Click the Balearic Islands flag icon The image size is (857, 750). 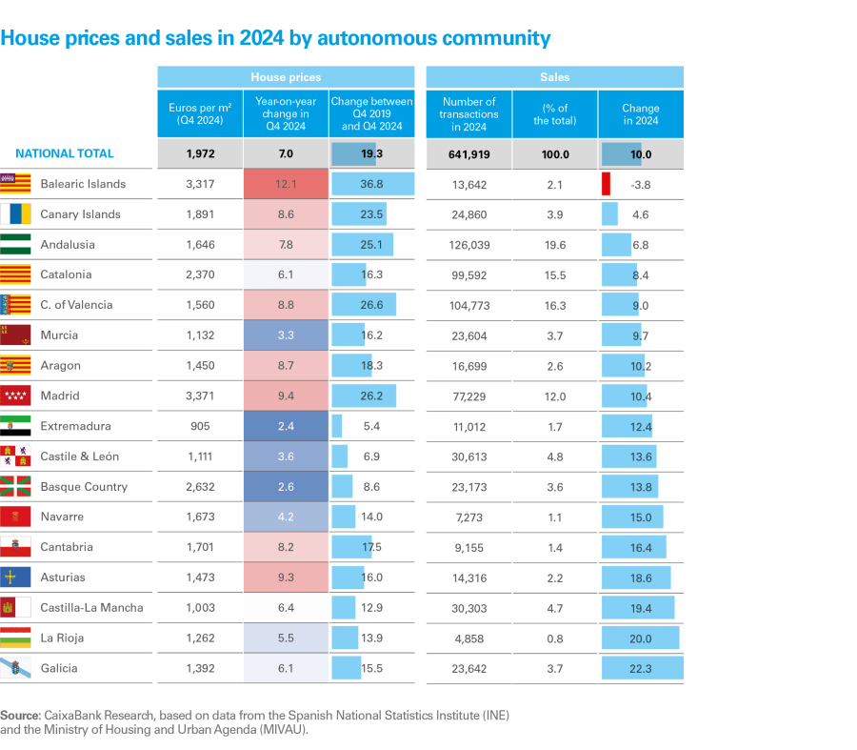coord(15,184)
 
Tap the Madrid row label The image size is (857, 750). coord(60,395)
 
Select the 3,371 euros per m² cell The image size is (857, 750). coord(200,395)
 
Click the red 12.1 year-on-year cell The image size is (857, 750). coord(286,184)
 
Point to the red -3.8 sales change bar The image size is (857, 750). coord(606,184)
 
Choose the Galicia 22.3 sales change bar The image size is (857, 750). coord(642,668)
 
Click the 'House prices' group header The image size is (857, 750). coord(286,77)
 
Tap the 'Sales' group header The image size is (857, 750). coord(554,77)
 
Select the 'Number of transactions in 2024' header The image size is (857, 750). coord(468,114)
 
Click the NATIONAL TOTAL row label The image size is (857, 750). coord(65,153)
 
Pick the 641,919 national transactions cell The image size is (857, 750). coord(468,153)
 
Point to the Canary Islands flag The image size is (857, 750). coord(15,214)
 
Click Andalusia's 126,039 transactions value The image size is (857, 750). coord(468,245)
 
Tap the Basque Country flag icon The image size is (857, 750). coord(15,486)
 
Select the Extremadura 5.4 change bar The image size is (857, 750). coord(337,426)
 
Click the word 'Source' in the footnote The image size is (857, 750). coord(19,715)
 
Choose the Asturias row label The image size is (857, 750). coord(63,578)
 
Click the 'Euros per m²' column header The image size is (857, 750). coord(200,114)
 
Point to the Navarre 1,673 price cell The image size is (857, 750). coord(200,517)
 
